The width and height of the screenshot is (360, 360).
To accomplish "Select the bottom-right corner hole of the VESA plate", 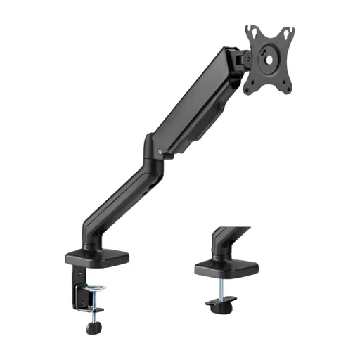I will click(x=285, y=86).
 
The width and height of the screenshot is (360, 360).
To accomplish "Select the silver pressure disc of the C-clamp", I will click(x=93, y=289).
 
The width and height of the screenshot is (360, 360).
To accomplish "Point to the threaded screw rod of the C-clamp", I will click(x=93, y=306).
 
